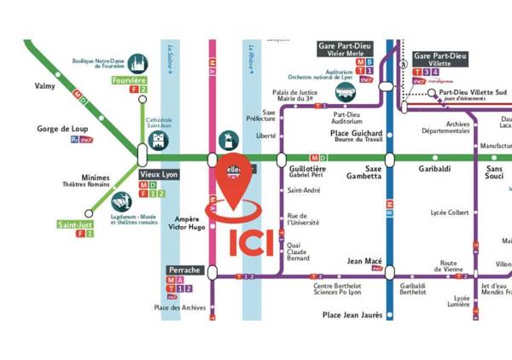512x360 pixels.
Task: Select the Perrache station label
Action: (x=184, y=270)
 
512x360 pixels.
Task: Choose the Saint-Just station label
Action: (x=74, y=224)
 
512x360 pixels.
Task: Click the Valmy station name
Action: (x=44, y=85)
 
